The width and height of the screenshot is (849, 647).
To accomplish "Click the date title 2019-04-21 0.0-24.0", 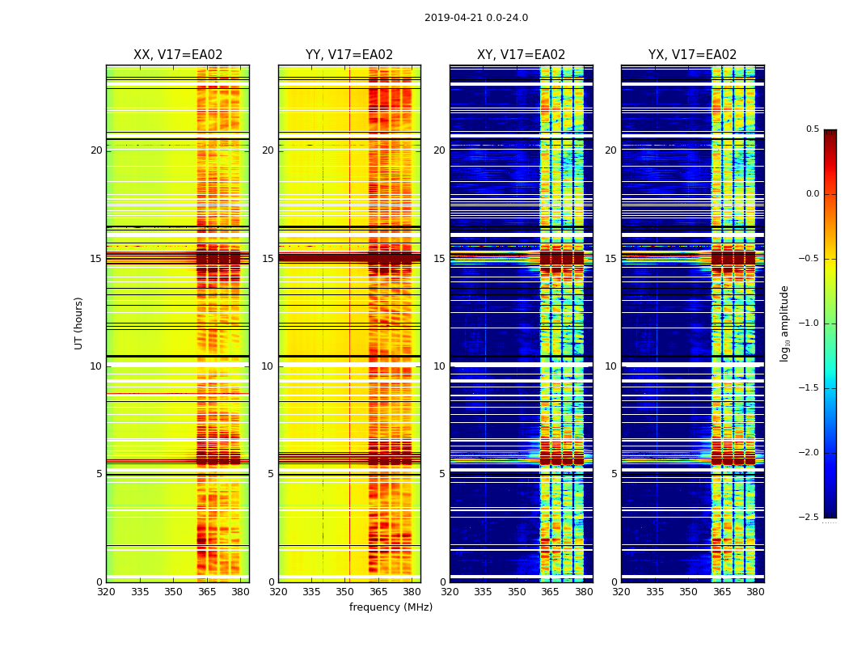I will click(x=475, y=18).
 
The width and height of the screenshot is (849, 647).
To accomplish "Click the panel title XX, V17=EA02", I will click(x=178, y=55).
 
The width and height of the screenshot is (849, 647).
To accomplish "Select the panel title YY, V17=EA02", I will click(x=349, y=55).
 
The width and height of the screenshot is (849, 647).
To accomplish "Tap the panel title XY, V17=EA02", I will click(x=521, y=55).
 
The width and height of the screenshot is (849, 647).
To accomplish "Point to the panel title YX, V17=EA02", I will click(x=692, y=55).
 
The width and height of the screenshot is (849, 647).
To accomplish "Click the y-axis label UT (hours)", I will click(x=79, y=323).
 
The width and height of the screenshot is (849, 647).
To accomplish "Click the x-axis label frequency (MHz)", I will click(x=391, y=607).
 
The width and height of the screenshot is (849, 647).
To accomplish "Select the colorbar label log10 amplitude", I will click(x=784, y=323).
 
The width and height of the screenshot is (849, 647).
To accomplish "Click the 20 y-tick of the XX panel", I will click(x=96, y=150).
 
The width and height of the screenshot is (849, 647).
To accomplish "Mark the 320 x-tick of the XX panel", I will click(x=106, y=592).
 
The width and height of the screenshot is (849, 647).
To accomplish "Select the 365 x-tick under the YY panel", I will click(x=378, y=592).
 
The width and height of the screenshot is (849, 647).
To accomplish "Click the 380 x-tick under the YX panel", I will click(x=755, y=592).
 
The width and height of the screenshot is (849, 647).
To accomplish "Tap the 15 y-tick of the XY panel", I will click(x=439, y=259).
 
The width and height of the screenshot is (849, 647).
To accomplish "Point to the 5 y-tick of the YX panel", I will click(x=614, y=474).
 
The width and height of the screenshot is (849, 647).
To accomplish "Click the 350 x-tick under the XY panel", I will click(x=517, y=592).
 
